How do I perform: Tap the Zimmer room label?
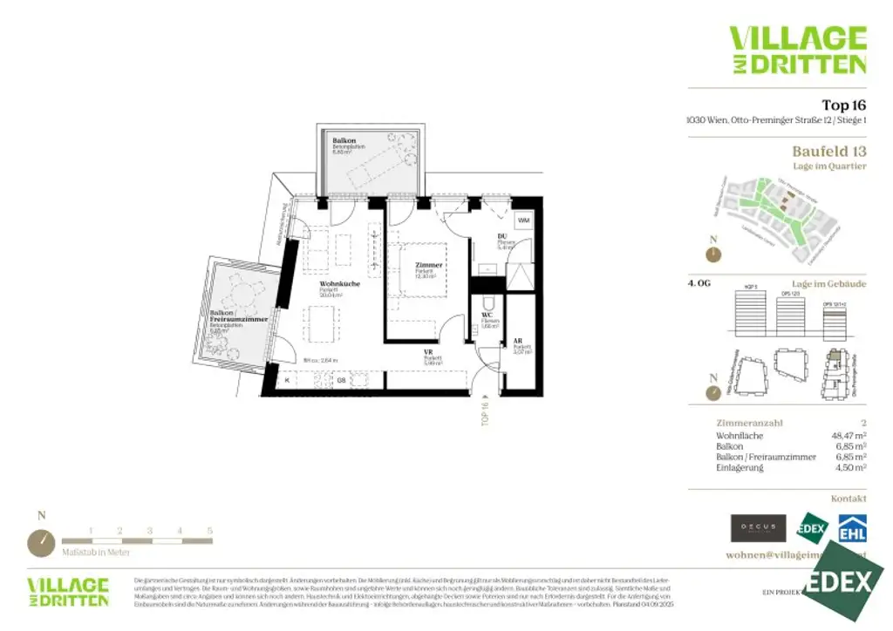point(429,265)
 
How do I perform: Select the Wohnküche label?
point(335,284)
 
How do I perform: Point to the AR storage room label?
point(518,341)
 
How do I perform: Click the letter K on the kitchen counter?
point(288,379)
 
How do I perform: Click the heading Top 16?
point(843,105)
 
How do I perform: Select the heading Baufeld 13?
point(828,152)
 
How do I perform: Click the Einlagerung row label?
point(740,468)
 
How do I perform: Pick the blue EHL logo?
point(851,528)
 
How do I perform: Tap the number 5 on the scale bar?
point(209,530)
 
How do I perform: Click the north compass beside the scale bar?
point(41,543)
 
